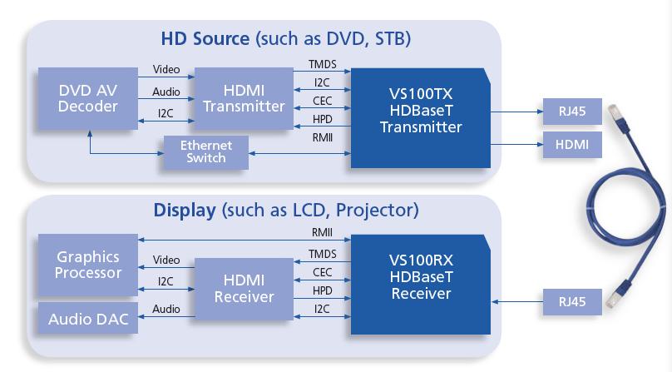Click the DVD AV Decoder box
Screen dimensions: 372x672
pyautogui.click(x=87, y=98)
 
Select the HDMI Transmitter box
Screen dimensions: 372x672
pyautogui.click(x=244, y=98)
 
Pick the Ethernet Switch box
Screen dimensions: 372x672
pyautogui.click(x=205, y=151)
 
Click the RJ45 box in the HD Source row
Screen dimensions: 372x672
pyautogui.click(x=566, y=111)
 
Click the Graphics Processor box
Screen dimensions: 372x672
pyautogui.click(x=88, y=265)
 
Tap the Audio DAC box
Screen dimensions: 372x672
pyautogui.click(x=88, y=319)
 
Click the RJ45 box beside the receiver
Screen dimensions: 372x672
pyautogui.click(x=566, y=301)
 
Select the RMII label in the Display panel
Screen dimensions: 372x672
pyautogui.click(x=322, y=233)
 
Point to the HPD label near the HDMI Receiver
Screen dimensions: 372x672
pyautogui.click(x=322, y=290)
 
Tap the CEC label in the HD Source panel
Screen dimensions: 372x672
pyautogui.click(x=322, y=101)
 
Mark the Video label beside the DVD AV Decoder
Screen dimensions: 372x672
pyautogui.click(x=166, y=70)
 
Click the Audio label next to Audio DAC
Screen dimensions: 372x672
pyautogui.click(x=166, y=310)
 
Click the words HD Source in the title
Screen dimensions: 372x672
pyautogui.click(x=205, y=38)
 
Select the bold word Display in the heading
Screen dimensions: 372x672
pyautogui.click(x=184, y=210)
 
